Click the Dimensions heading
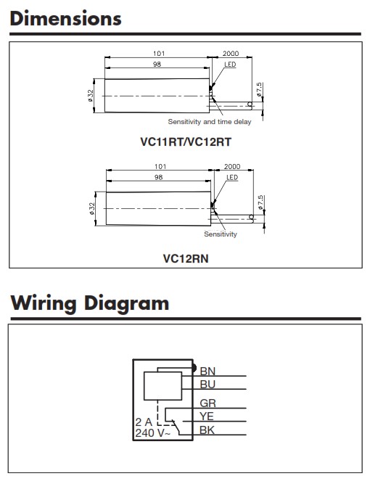point(66,19)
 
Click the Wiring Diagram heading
point(90,303)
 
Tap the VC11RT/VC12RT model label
point(186,142)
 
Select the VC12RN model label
point(186,258)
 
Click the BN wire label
point(207,371)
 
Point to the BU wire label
point(207,385)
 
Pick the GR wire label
point(208,403)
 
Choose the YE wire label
point(207,417)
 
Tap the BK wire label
point(207,430)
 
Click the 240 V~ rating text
point(153,433)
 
